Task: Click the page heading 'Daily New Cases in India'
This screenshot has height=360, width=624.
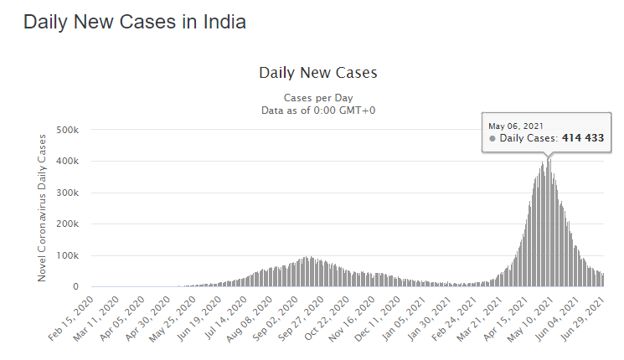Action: click(135, 23)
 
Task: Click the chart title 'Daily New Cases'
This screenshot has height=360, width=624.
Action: click(318, 73)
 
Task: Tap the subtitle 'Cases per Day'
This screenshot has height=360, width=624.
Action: click(318, 97)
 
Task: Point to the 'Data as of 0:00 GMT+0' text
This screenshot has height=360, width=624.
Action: click(318, 111)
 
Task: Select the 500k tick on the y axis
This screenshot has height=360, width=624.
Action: click(67, 130)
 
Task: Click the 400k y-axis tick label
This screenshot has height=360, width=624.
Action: click(67, 162)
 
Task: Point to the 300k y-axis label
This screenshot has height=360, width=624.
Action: click(67, 193)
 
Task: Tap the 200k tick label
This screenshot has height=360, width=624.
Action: click(67, 224)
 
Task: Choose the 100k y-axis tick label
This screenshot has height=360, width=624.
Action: click(67, 255)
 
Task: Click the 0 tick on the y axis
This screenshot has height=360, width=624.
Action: click(75, 287)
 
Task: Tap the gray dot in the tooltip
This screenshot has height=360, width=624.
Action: click(492, 138)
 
